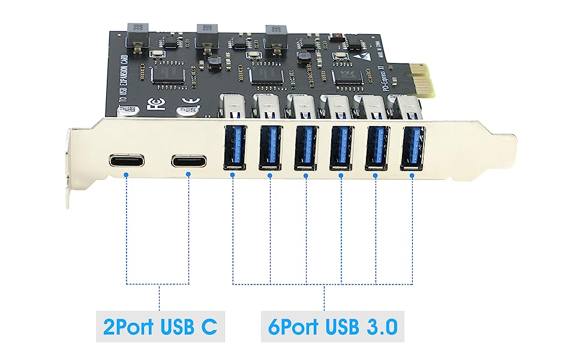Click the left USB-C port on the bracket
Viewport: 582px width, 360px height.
[127, 161]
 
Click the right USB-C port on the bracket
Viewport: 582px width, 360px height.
[188, 161]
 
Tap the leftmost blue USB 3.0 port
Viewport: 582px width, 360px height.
[233, 146]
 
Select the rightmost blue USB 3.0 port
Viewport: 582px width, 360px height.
[412, 147]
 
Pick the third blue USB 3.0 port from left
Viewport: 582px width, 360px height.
[305, 147]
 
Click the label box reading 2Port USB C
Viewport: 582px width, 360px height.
[160, 327]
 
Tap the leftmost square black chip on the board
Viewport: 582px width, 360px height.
[163, 74]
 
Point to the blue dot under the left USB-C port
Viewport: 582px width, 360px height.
[127, 175]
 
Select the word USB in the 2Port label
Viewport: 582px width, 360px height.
[178, 327]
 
